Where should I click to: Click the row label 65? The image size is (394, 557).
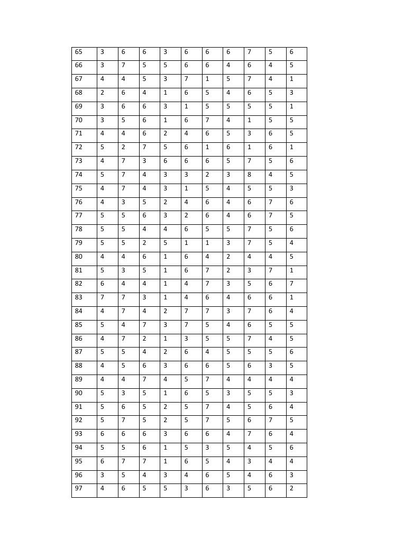(79, 52)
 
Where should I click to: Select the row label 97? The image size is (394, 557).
(79, 488)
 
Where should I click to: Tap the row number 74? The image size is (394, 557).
(79, 175)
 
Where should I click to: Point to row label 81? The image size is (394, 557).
(79, 270)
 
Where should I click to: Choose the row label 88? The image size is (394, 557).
(79, 366)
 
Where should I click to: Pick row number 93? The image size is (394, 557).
(79, 434)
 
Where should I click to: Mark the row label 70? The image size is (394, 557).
(79, 120)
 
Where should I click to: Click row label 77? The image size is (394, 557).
(79, 215)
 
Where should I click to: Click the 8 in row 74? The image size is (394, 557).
(249, 175)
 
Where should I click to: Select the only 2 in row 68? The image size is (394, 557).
(102, 93)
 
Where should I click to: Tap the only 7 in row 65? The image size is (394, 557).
(249, 52)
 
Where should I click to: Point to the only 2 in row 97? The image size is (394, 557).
(291, 488)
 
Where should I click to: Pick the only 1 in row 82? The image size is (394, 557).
(165, 284)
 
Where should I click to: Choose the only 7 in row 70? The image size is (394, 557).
(207, 120)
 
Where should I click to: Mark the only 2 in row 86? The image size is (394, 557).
(144, 339)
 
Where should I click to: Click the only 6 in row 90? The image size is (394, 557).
(186, 393)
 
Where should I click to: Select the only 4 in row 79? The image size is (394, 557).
(291, 243)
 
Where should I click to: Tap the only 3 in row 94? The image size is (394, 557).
(207, 448)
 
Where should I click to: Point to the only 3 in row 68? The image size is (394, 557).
(291, 93)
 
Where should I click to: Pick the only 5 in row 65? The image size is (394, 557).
(270, 52)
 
